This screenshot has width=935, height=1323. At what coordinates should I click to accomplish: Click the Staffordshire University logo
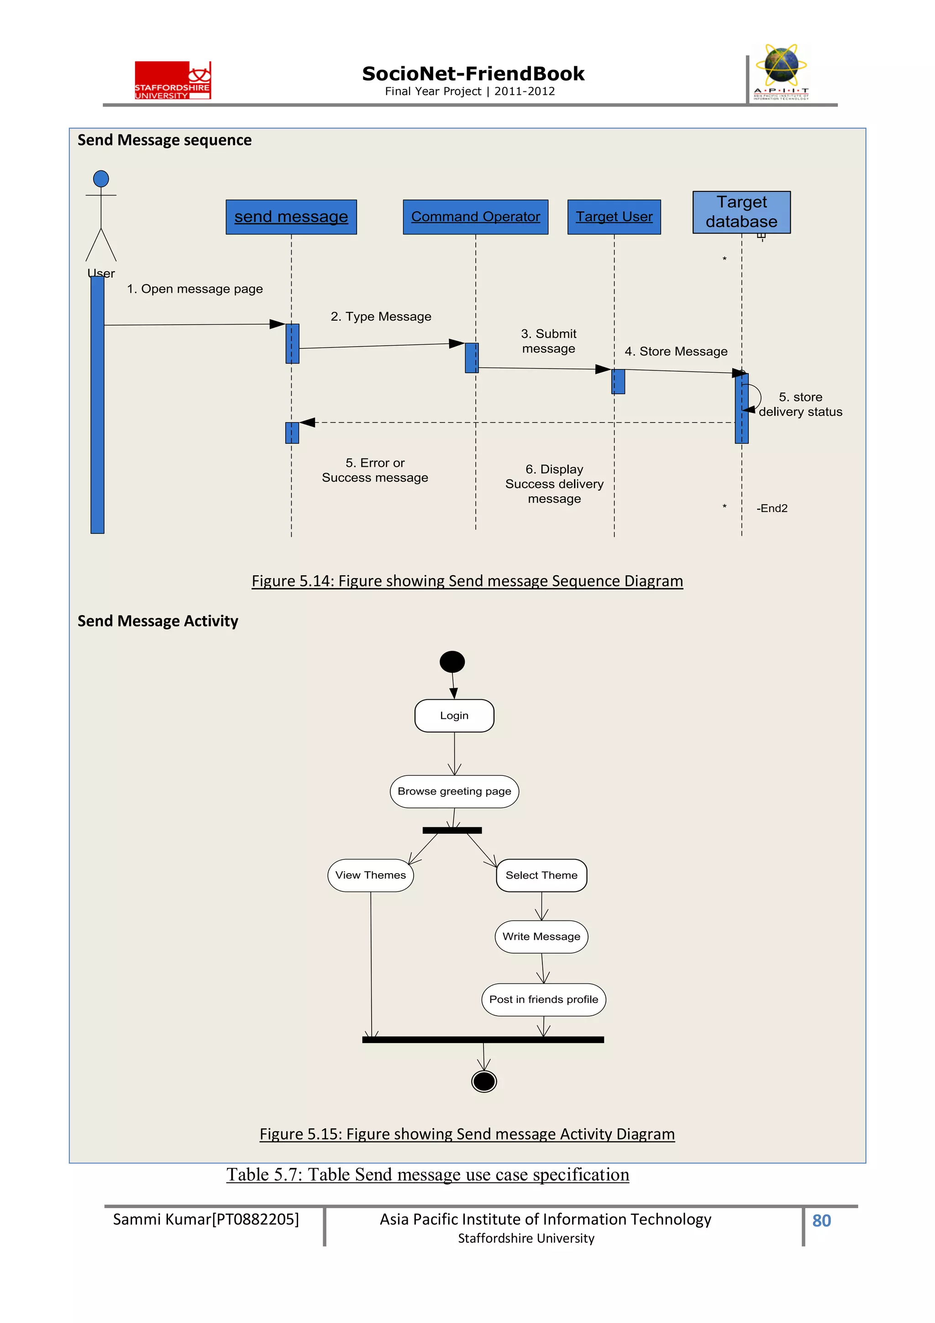tap(173, 80)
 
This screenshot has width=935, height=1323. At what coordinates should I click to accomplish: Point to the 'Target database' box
tap(741, 212)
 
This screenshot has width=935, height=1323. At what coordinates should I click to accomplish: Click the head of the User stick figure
tap(101, 179)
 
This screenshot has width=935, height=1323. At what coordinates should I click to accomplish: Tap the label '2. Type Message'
tap(381, 316)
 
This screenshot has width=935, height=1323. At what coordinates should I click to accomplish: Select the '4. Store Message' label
tap(676, 352)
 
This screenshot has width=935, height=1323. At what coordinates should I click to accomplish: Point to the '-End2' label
tap(772, 508)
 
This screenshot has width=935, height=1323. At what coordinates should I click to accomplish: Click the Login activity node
tap(454, 716)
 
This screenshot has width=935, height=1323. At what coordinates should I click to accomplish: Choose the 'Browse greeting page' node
tap(454, 791)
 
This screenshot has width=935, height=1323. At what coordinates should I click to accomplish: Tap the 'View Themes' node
tap(370, 875)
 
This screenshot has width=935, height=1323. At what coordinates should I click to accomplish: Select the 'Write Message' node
tap(541, 936)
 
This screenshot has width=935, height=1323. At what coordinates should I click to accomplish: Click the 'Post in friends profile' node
tap(543, 999)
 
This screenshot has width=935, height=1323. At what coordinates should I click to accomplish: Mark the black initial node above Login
tap(452, 661)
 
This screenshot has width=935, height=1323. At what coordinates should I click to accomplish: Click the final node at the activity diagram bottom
tap(484, 1081)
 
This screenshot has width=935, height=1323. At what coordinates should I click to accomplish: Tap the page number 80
tap(821, 1220)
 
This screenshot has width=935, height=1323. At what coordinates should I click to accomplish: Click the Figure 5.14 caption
tap(467, 581)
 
